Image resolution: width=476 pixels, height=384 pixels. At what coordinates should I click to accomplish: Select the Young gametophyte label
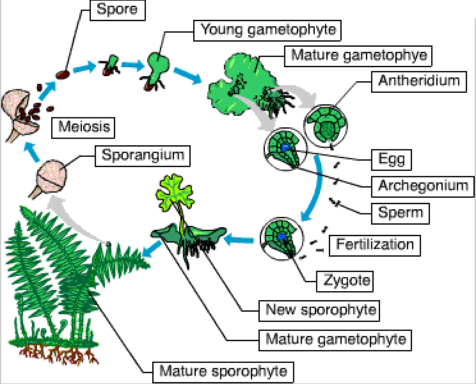pyautogui.click(x=268, y=29)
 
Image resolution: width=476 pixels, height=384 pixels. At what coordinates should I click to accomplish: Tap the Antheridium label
pyautogui.click(x=419, y=81)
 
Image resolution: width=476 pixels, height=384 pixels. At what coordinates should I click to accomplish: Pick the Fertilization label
pyautogui.click(x=375, y=244)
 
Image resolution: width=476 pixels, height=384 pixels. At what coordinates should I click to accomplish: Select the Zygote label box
pyautogui.click(x=344, y=280)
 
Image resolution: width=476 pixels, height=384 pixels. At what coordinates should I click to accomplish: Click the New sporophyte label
pyautogui.click(x=321, y=310)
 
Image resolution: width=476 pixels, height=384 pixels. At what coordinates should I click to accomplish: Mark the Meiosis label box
pyautogui.click(x=84, y=127)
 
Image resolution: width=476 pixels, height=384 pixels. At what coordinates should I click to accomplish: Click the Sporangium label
pyautogui.click(x=141, y=156)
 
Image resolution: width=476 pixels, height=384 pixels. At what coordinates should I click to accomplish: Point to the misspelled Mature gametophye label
pyautogui.click(x=359, y=55)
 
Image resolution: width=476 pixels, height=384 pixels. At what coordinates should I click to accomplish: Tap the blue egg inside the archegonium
pyautogui.click(x=284, y=148)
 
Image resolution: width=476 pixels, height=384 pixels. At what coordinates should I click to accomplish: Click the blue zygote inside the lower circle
pyautogui.click(x=282, y=238)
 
